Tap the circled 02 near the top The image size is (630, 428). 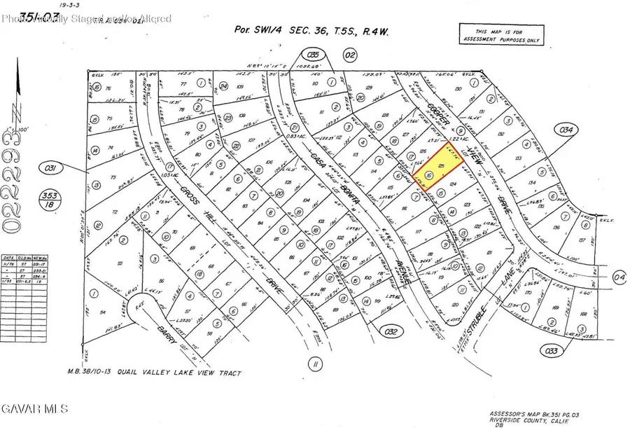tap(351, 54)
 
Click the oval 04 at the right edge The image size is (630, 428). tap(619, 277)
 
